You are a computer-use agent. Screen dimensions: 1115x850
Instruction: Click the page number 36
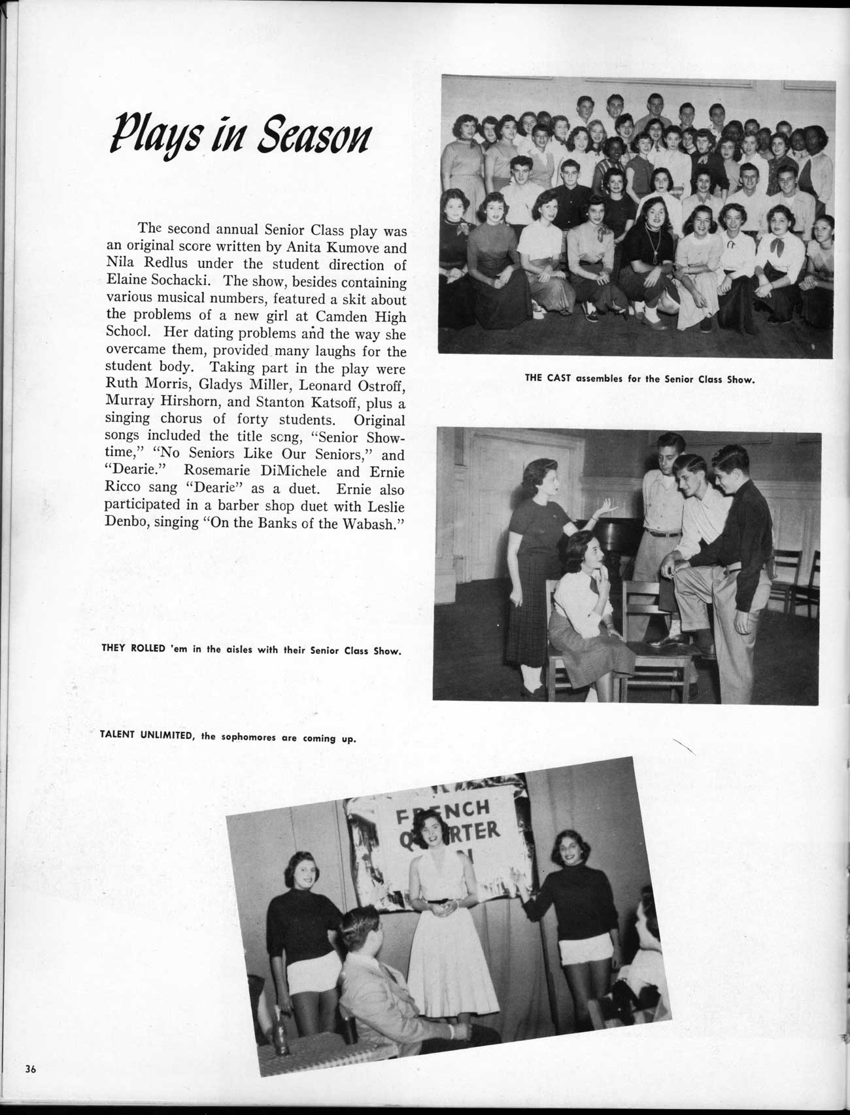click(30, 1070)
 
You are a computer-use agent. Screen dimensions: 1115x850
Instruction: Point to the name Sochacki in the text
click(184, 283)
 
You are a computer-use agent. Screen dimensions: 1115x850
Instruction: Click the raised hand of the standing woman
click(607, 507)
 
